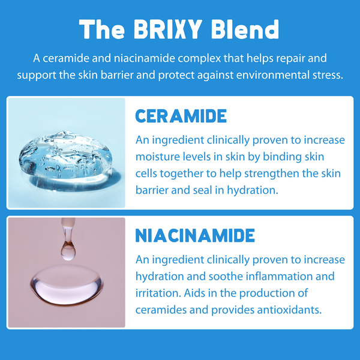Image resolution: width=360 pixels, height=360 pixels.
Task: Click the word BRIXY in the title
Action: point(168,29)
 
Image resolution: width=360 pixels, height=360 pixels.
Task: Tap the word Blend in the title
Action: point(245,29)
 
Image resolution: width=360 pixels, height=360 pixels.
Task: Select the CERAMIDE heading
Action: point(181,116)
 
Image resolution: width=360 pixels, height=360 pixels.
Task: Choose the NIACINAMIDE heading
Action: point(195,235)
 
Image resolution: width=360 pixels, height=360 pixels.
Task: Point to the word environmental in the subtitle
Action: point(273,75)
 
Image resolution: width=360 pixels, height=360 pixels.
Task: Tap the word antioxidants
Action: point(289,310)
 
